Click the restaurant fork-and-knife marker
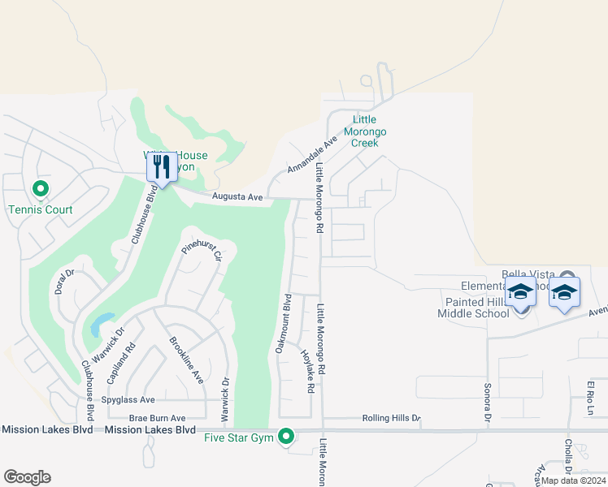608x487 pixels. click(160, 167)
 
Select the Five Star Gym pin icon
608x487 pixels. click(285, 437)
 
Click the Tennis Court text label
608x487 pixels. click(41, 210)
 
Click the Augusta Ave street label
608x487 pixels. click(237, 197)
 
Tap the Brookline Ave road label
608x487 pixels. click(185, 362)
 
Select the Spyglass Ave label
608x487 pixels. click(128, 400)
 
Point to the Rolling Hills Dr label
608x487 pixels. click(391, 419)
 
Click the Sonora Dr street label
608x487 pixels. click(488, 403)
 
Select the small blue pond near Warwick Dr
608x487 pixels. click(99, 325)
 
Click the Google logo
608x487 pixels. click(27, 477)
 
